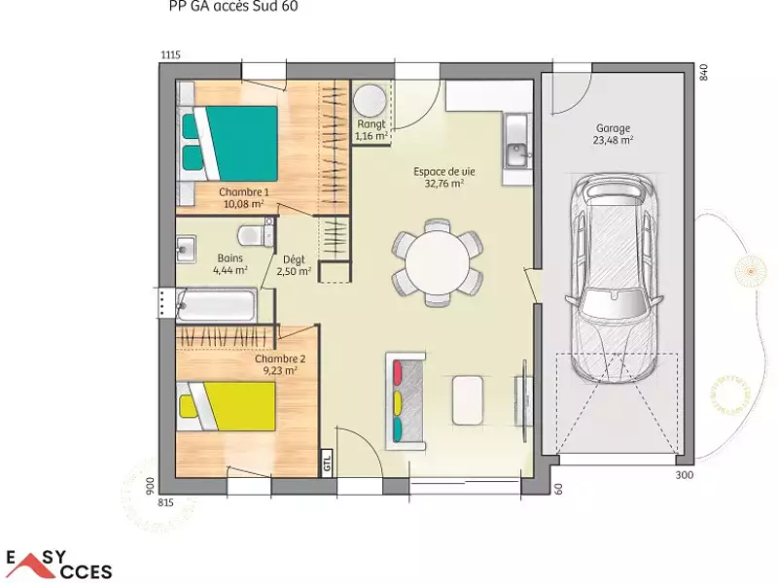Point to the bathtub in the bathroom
[x=216, y=306]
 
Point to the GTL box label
[x=327, y=461]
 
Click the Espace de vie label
[x=443, y=176]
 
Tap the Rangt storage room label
[x=371, y=130]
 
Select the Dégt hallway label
[x=294, y=265]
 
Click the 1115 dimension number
[x=170, y=55]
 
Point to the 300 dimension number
[x=684, y=475]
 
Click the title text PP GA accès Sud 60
[x=234, y=7]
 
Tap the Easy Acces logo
[x=58, y=565]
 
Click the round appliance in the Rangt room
[x=370, y=100]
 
